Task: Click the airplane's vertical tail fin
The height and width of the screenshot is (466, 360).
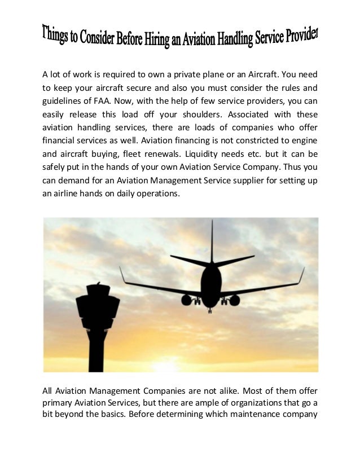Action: click(212, 240)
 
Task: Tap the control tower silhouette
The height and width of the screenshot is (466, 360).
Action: click(97, 322)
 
